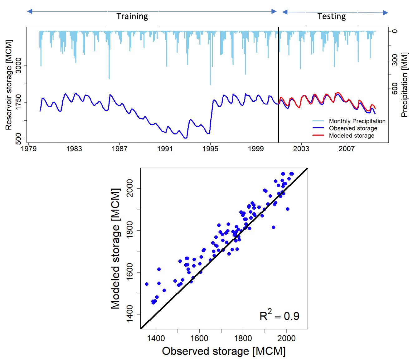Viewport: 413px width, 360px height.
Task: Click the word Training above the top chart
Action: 132,16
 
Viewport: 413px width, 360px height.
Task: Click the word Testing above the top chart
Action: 332,16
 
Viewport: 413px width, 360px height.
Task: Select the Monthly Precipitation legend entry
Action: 357,121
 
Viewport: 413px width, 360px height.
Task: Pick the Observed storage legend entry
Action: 353,128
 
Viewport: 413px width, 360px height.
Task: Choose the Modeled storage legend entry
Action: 351,135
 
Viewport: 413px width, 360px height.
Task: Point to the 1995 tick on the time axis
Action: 210,149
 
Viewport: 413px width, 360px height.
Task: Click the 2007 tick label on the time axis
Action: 347,149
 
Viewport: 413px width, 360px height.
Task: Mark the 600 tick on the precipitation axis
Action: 395,88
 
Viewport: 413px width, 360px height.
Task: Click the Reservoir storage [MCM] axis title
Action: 8,85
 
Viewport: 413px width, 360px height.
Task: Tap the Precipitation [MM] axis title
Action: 405,85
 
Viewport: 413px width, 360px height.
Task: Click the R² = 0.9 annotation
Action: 279,316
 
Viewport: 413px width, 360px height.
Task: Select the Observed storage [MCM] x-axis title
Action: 224,351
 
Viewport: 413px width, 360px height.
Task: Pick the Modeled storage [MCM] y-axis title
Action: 115,249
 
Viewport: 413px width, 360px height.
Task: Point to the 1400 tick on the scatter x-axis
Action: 156,338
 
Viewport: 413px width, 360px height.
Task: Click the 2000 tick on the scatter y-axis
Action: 129,188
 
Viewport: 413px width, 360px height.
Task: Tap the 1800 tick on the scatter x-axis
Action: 243,338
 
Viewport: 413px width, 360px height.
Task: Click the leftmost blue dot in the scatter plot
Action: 147,284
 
